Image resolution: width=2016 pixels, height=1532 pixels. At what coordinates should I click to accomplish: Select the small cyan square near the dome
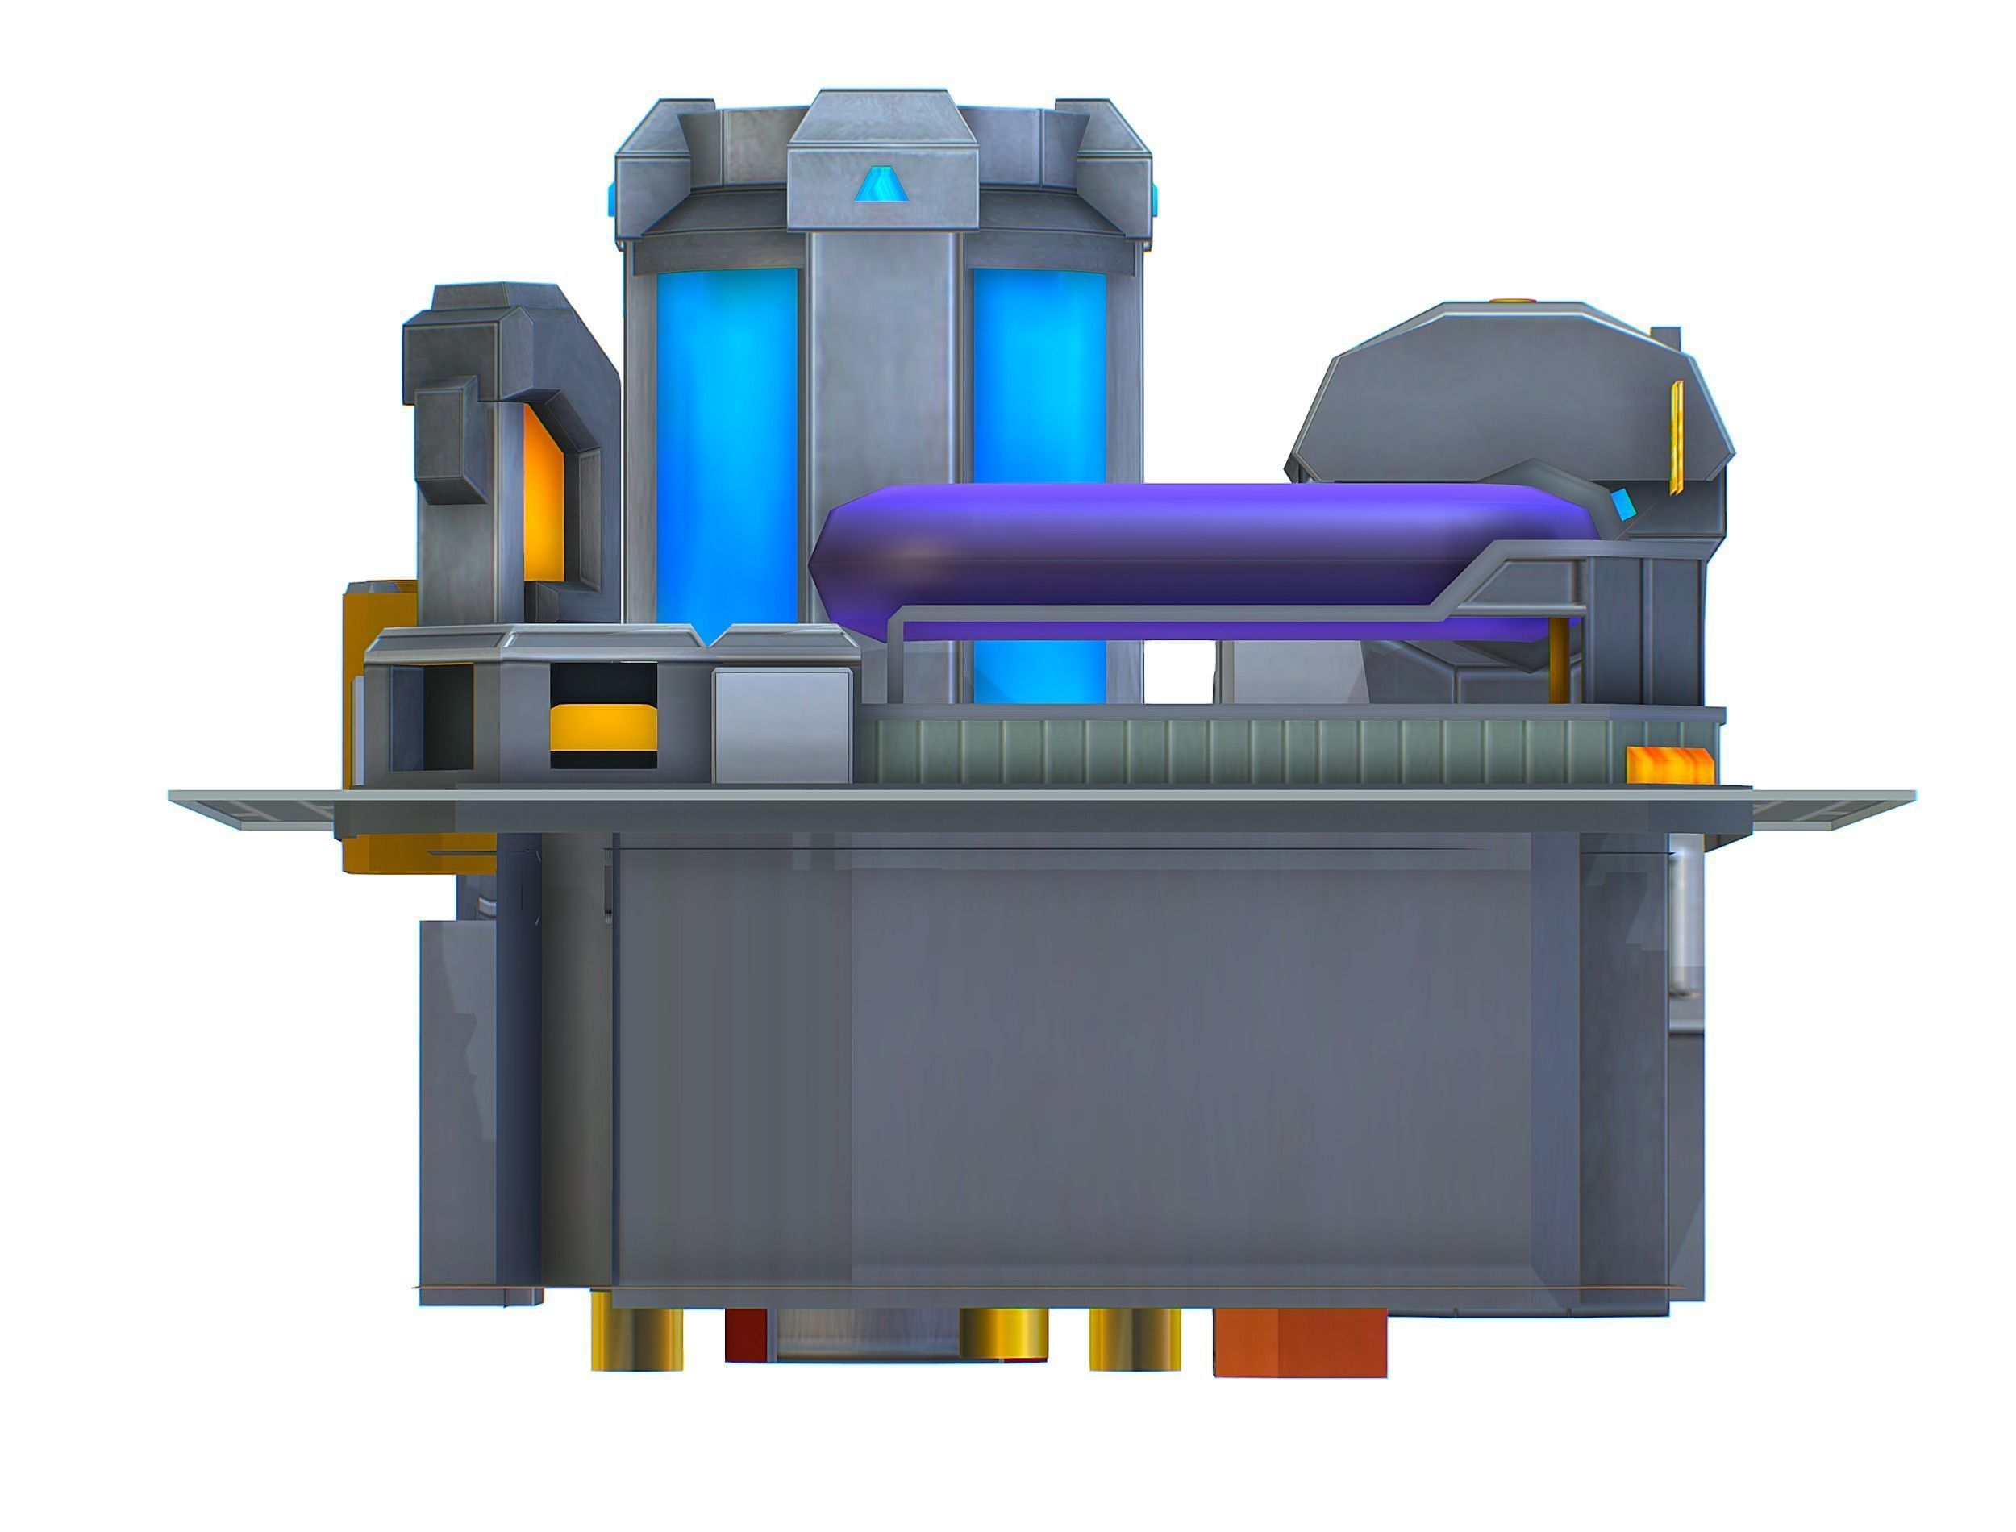pos(1624,503)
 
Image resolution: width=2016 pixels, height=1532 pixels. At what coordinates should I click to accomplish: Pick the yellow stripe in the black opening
pos(602,726)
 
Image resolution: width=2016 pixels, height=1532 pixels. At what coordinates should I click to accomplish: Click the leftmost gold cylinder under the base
pos(636,1333)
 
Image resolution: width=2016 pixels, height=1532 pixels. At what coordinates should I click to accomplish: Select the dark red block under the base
pos(746,1335)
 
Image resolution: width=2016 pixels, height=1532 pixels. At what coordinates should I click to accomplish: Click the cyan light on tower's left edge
pos(612,198)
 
